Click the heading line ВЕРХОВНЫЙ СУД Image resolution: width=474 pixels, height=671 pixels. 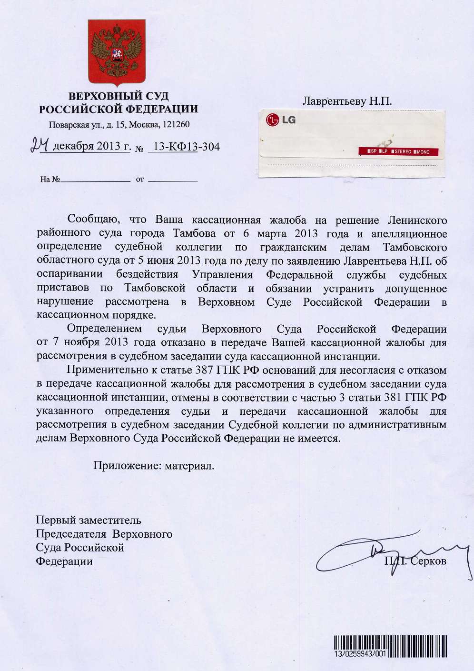118,96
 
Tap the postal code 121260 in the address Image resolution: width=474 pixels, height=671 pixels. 176,124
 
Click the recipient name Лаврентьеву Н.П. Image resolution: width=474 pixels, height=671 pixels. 347,101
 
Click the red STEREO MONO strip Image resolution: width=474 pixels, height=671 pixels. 398,151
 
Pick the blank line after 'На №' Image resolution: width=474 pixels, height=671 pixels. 95,180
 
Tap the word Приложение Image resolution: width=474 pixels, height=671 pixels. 127,465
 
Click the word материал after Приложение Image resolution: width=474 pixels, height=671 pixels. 189,465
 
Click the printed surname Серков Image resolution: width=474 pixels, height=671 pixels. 428,561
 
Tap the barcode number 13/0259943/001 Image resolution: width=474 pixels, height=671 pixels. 360,654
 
